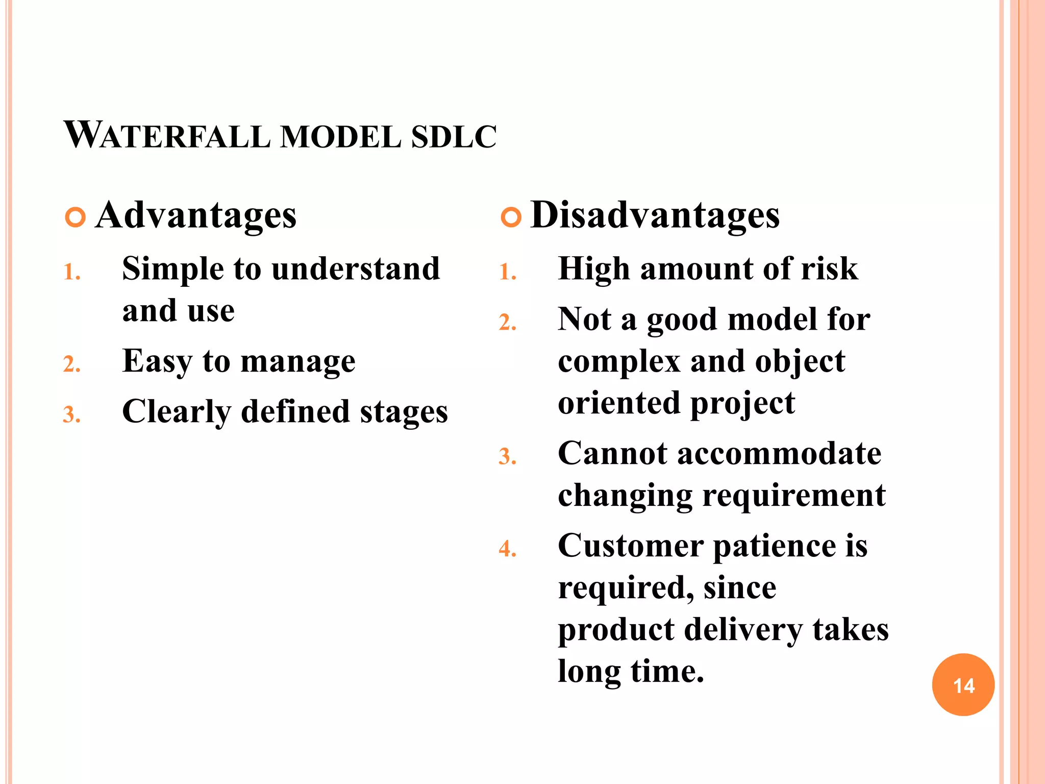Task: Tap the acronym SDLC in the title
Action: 454,137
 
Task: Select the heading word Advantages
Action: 195,215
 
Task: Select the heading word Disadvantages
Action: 655,215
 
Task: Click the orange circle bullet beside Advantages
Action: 76,217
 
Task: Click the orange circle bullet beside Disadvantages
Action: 511,217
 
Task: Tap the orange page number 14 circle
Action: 963,684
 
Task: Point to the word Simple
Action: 172,269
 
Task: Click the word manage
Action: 298,362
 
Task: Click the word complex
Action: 619,362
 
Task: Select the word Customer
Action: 631,546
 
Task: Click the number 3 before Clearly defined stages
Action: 71,414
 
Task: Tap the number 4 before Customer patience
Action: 507,549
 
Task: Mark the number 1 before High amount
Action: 507,272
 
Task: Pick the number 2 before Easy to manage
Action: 71,364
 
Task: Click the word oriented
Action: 619,403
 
